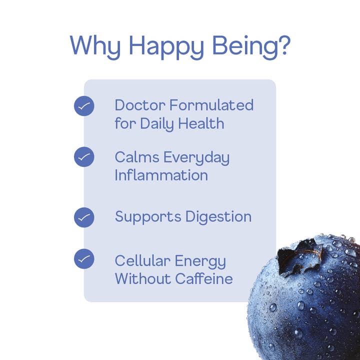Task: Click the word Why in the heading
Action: pos(95,45)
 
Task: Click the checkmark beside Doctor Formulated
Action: pos(84,106)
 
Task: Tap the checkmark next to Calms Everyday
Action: pos(84,157)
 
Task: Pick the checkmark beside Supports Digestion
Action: pos(84,217)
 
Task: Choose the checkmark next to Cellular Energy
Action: pos(84,258)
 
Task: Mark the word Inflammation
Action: pos(161,175)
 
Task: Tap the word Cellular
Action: pos(140,261)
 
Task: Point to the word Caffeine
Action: pos(204,278)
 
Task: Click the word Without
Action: pos(142,278)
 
